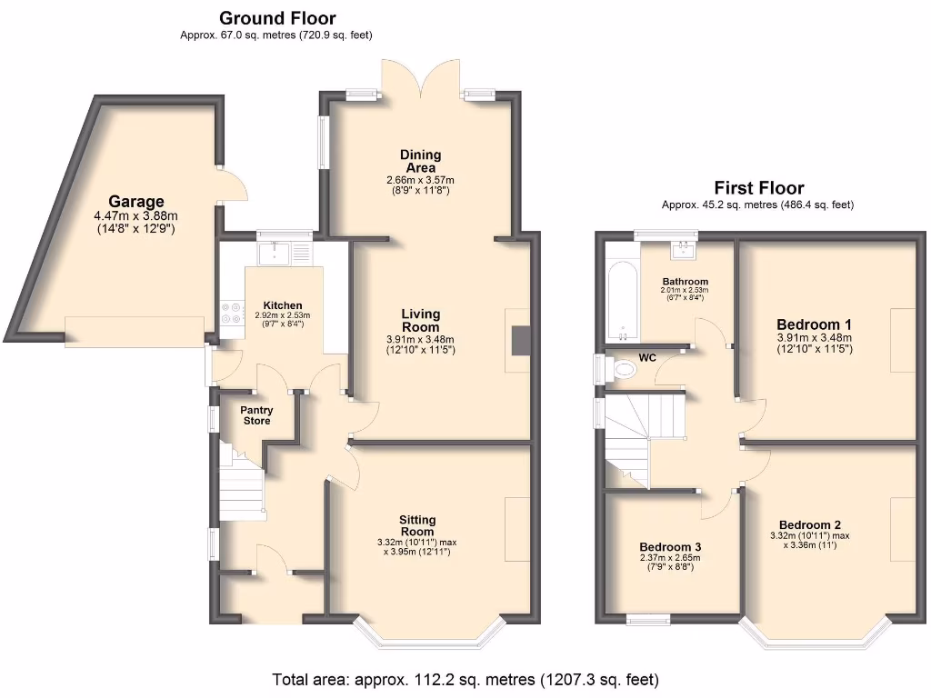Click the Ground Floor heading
coord(276,18)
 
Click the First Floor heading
coord(758,188)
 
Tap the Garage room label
coord(136,201)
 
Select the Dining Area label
coord(420,161)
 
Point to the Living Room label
coord(420,320)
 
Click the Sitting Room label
coord(417,525)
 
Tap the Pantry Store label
coord(256,415)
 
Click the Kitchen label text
coord(283,305)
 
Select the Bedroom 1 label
coord(814,324)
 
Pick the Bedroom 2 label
coord(810,524)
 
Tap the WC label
coord(647,357)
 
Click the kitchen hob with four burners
coord(232,313)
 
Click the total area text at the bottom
coord(465,679)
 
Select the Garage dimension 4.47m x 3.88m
coord(136,216)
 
